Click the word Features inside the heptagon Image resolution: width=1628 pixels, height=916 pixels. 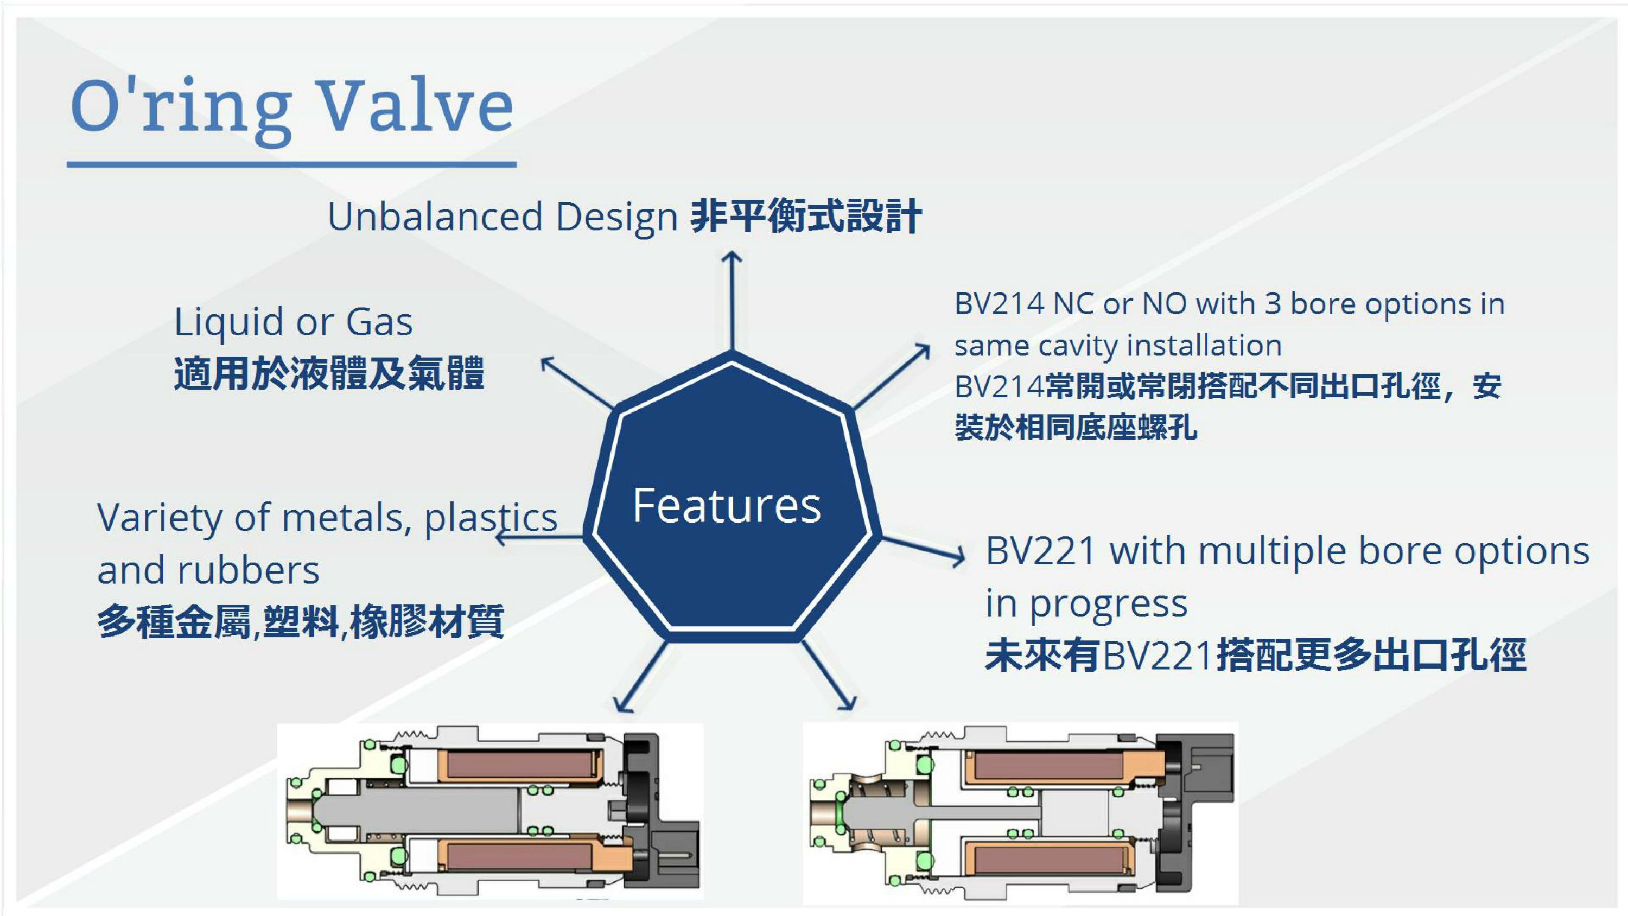727,506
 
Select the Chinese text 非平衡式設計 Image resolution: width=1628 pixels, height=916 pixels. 806,216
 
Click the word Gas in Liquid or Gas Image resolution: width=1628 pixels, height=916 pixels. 379,322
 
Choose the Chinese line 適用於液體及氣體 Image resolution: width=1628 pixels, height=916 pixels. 329,373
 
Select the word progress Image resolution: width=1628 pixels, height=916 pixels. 1109,605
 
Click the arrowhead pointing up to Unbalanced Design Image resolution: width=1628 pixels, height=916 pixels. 732,258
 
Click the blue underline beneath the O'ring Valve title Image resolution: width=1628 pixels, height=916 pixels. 292,164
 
